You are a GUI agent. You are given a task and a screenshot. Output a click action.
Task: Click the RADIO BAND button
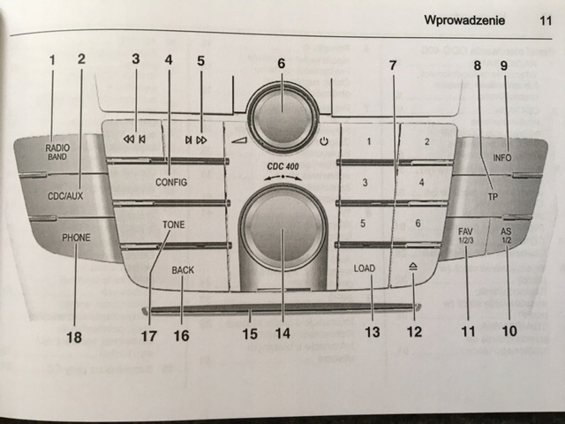58,151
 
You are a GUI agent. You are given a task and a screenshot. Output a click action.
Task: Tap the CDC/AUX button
65,196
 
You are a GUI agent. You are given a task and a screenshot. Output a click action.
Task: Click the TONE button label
173,225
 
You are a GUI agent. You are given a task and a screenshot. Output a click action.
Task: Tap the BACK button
183,270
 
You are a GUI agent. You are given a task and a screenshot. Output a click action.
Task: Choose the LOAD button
365,267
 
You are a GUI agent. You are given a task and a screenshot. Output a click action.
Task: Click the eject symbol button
414,266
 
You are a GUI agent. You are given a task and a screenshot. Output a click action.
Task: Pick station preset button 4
422,183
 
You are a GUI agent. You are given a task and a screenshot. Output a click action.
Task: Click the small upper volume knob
282,113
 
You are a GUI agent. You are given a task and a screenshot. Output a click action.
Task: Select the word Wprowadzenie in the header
463,19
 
